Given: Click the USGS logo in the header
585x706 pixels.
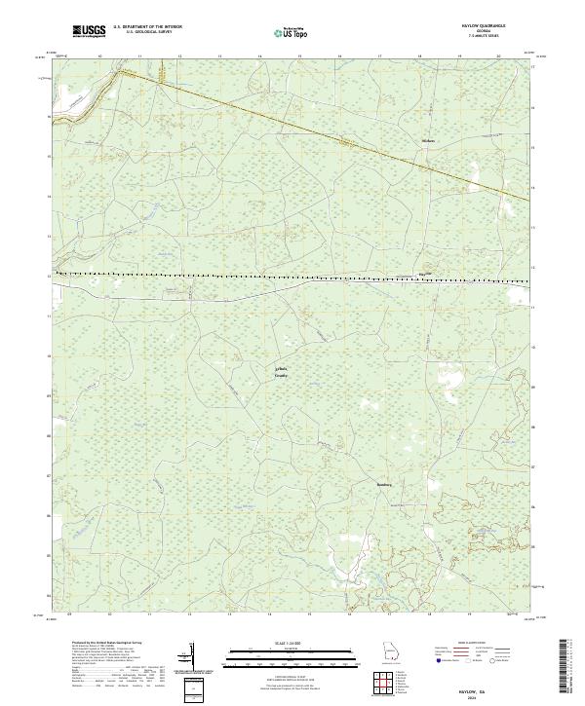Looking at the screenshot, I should (x=89, y=32).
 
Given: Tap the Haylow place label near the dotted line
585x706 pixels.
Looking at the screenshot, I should (x=423, y=274).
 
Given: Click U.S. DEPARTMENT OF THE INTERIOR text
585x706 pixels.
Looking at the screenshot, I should (x=147, y=27).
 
